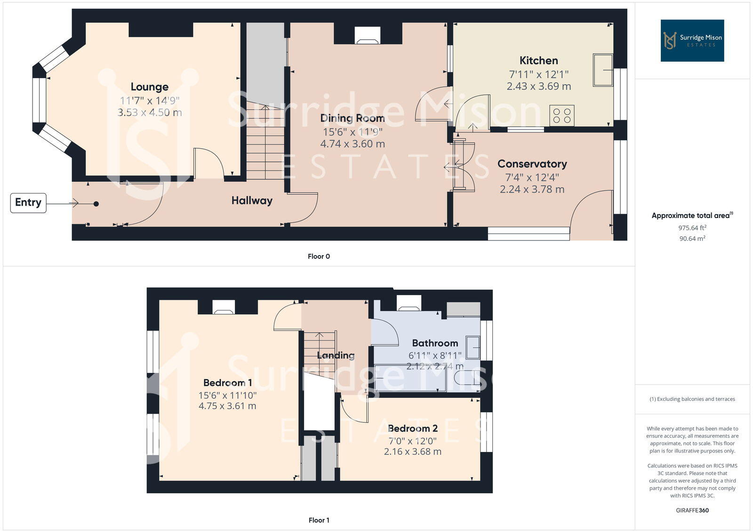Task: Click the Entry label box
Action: [x=28, y=203]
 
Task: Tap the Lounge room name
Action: [x=150, y=87]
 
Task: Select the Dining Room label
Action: [x=352, y=118]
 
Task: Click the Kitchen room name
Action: [x=539, y=61]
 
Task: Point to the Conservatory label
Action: [x=532, y=164]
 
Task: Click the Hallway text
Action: [x=252, y=201]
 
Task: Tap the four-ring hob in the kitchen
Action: [x=562, y=116]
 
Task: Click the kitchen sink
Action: [x=603, y=70]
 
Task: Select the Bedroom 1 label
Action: [x=228, y=383]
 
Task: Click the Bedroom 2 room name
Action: [x=413, y=428]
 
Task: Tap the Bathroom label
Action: [x=435, y=343]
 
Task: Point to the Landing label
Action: [x=336, y=355]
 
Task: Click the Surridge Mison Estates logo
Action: [x=692, y=40]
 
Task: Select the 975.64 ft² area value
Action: [x=692, y=228]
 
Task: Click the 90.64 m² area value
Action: [x=692, y=239]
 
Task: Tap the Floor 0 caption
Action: [x=319, y=257]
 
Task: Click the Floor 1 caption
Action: [x=319, y=520]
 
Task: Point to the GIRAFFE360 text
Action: [x=692, y=510]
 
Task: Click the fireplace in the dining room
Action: [x=367, y=35]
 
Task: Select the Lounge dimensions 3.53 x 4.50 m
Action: [x=150, y=113]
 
